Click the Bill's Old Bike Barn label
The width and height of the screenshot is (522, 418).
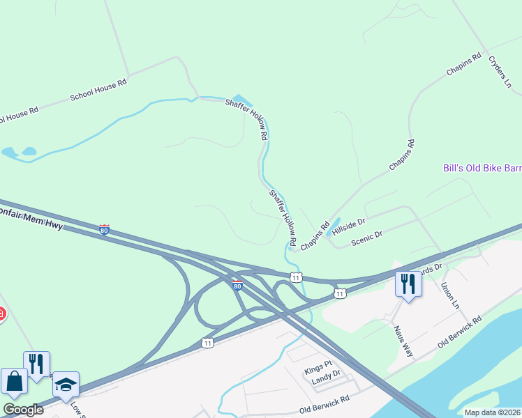pyautogui.click(x=482, y=168)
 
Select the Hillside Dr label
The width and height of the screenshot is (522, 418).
pyautogui.click(x=348, y=224)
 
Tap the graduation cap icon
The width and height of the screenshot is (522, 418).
pyautogui.click(x=66, y=385)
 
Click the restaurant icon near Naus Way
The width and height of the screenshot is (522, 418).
pyautogui.click(x=408, y=284)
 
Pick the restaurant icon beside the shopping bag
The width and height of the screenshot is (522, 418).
pyautogui.click(x=36, y=364)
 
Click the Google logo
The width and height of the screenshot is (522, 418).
pyautogui.click(x=23, y=410)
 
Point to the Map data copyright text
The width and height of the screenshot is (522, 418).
pyautogui.click(x=493, y=412)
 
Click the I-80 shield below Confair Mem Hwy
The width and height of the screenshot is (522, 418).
pyautogui.click(x=104, y=229)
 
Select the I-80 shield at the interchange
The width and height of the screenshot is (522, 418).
pyautogui.click(x=237, y=285)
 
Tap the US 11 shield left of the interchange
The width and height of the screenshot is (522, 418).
pyautogui.click(x=207, y=342)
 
